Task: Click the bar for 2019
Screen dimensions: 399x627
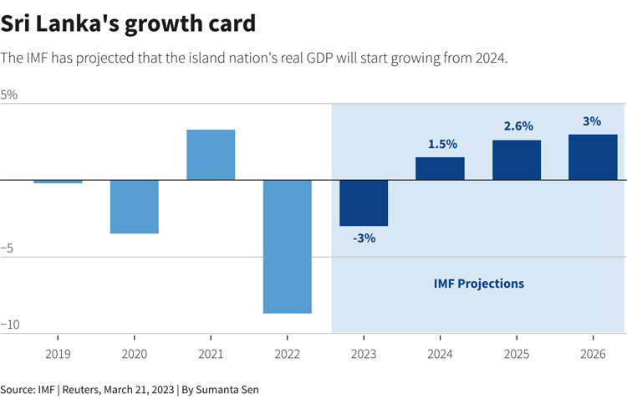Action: click(x=58, y=182)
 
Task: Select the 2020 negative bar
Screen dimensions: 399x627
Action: click(x=135, y=207)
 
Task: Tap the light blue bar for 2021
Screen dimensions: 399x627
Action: click(x=211, y=155)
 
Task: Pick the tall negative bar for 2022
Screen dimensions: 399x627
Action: click(x=288, y=247)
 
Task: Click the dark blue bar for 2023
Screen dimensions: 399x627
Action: click(x=364, y=202)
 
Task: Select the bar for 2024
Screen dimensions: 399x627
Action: click(x=440, y=168)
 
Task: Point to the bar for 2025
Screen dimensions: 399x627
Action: click(x=517, y=160)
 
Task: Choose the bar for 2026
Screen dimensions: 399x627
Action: click(x=593, y=157)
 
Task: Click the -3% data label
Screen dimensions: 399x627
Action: click(x=364, y=238)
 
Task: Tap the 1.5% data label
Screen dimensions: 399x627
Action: click(x=441, y=144)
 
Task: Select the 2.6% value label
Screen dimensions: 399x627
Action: click(x=517, y=126)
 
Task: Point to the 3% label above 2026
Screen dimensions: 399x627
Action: click(x=592, y=121)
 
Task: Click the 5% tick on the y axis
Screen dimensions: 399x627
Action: click(x=9, y=95)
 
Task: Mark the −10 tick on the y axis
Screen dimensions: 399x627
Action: click(x=10, y=325)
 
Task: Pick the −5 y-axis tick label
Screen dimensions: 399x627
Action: click(x=9, y=248)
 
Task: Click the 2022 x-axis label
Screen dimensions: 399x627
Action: click(x=288, y=355)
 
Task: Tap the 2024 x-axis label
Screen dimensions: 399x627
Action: click(x=440, y=355)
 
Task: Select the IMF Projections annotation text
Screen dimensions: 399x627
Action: click(x=479, y=284)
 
